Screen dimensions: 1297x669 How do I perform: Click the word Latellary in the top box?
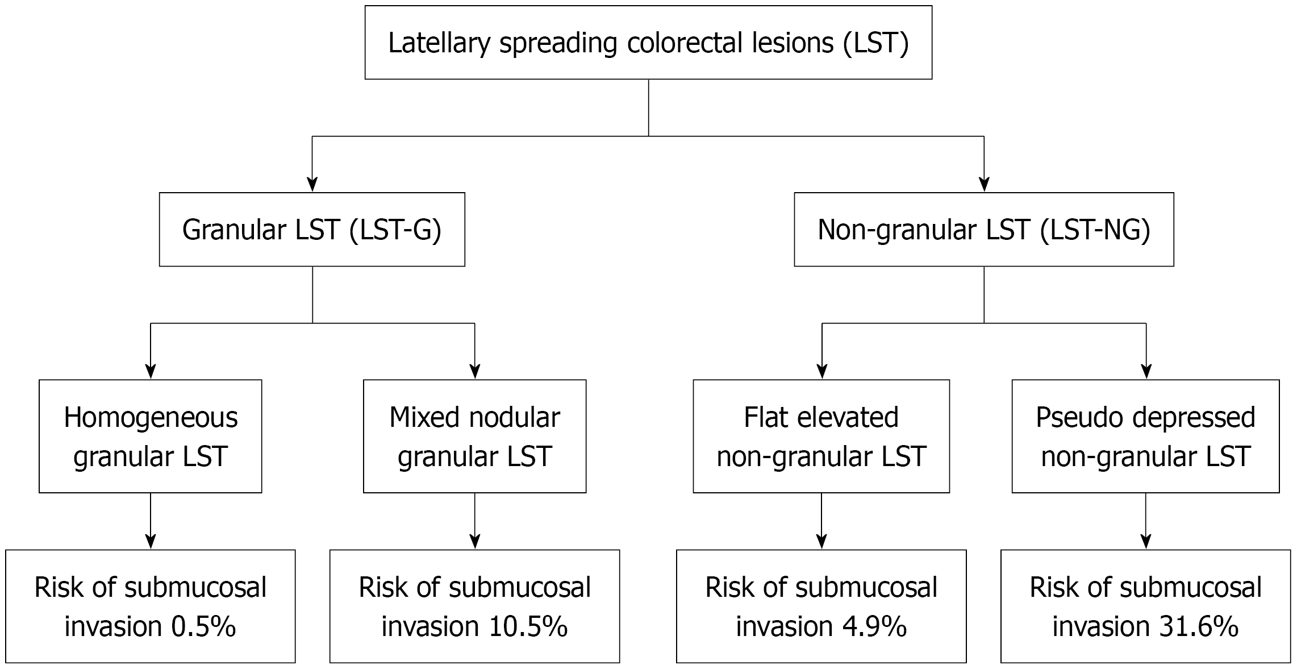pyautogui.click(x=439, y=43)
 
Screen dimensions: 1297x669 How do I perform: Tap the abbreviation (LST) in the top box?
pyautogui.click(x=876, y=43)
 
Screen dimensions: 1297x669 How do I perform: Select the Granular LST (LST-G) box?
pyautogui.click(x=312, y=230)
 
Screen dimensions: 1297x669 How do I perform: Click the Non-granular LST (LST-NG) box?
pyautogui.click(x=983, y=230)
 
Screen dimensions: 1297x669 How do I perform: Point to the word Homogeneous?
pyautogui.click(x=151, y=418)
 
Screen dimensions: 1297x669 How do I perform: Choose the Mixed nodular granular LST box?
pyautogui.click(x=475, y=436)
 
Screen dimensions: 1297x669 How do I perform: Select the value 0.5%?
pyautogui.click(x=203, y=626)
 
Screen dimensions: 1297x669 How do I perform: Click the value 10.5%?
pyautogui.click(x=528, y=626)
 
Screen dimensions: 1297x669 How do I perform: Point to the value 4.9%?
pyautogui.click(x=874, y=626)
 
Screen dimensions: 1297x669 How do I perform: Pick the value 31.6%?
pyautogui.click(x=1199, y=626)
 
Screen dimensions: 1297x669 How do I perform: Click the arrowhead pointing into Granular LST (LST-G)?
pyautogui.click(x=312, y=185)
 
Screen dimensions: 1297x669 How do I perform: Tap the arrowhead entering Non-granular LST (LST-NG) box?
pyautogui.click(x=984, y=185)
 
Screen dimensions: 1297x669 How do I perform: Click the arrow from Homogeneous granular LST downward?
pyautogui.click(x=151, y=521)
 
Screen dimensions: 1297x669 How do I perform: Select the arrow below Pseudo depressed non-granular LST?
pyautogui.click(x=1146, y=521)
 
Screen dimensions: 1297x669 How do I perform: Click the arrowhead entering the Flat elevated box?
pyautogui.click(x=821, y=372)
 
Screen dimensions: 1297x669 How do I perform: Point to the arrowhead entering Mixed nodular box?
pyautogui.click(x=475, y=372)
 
